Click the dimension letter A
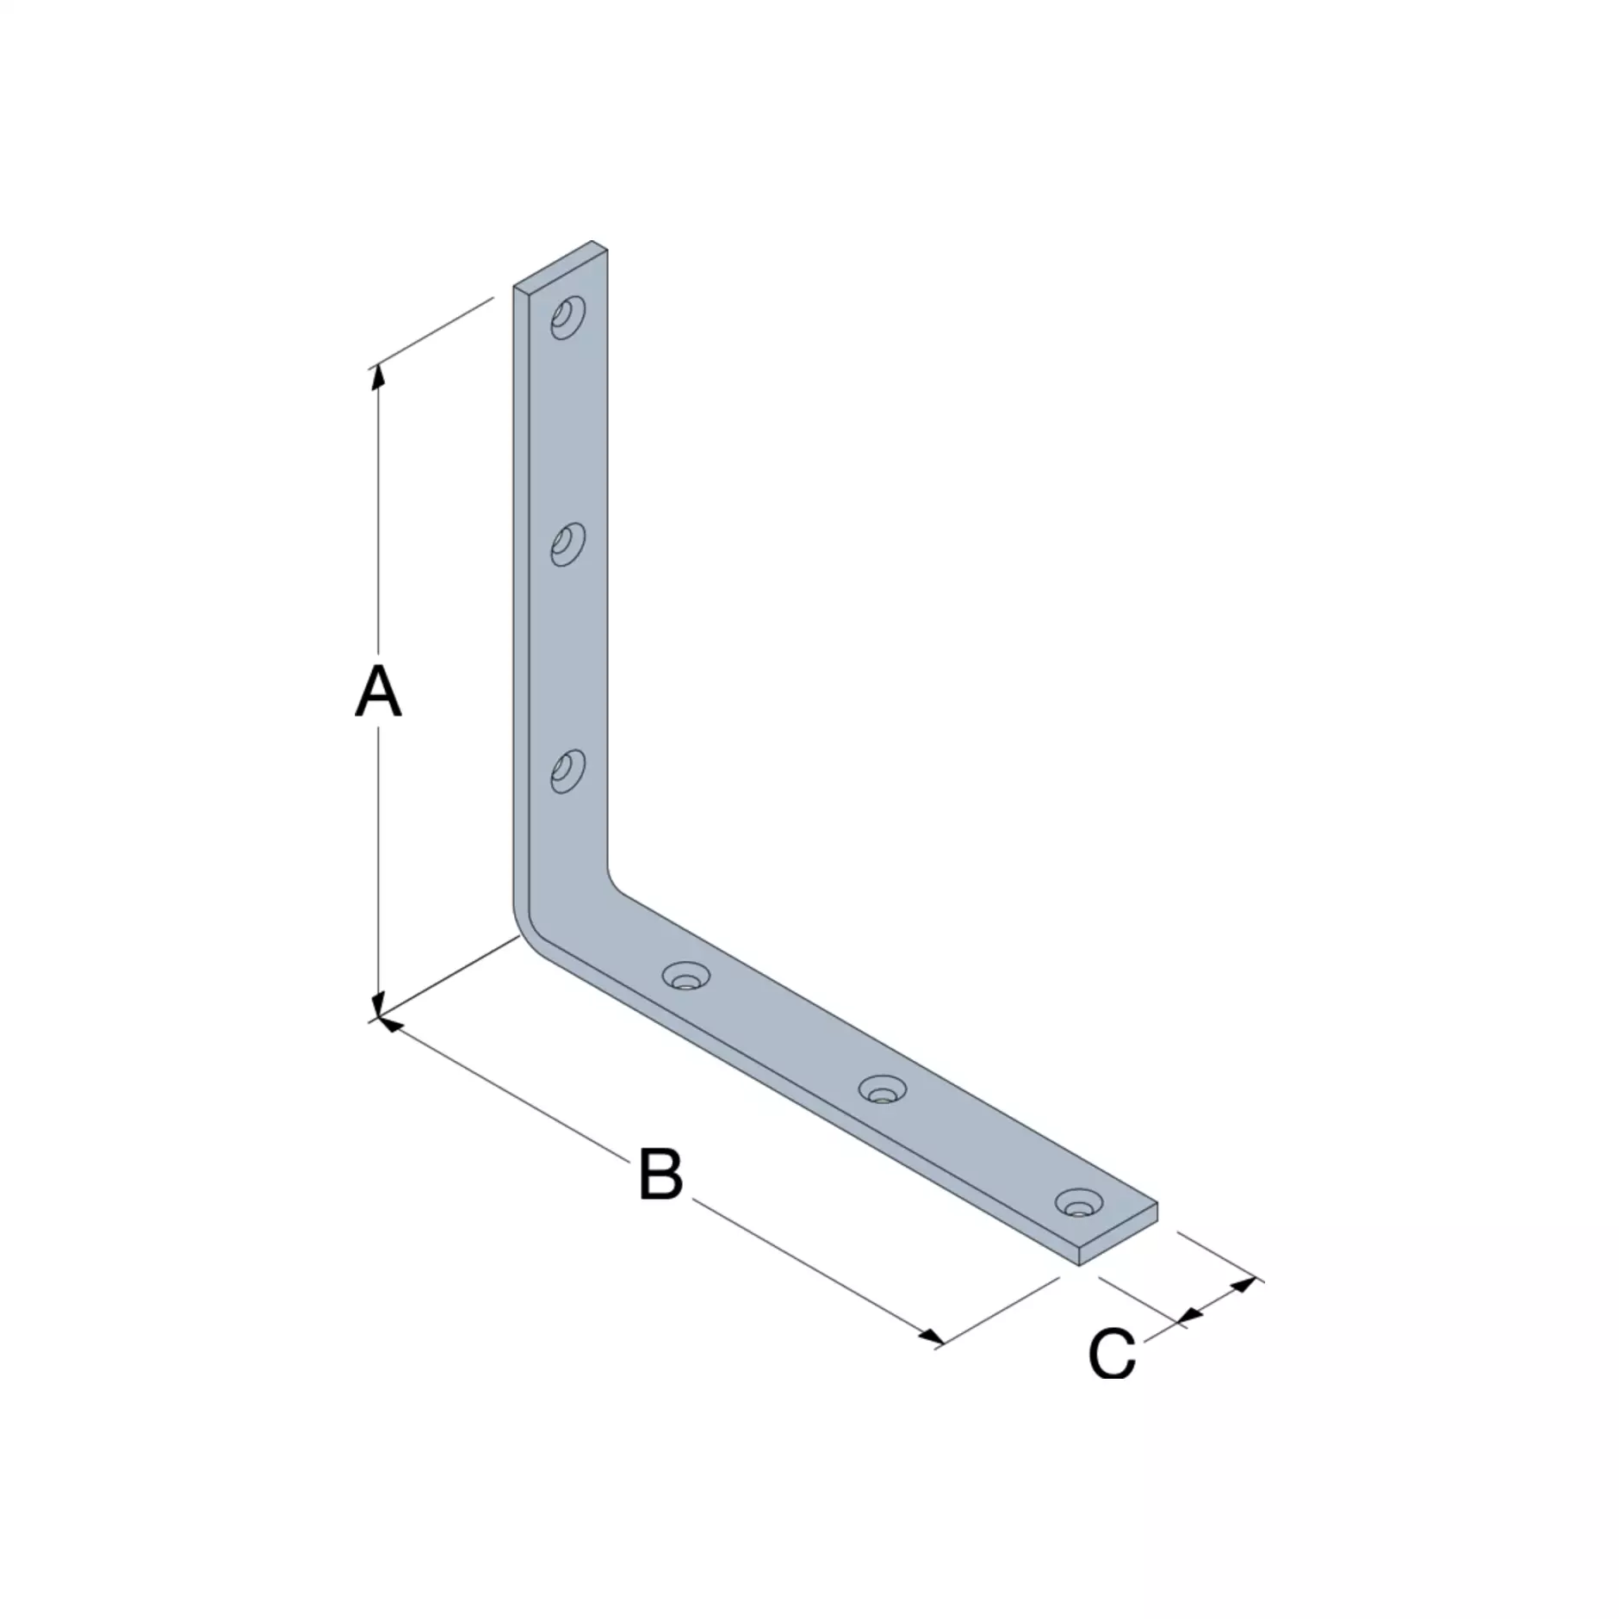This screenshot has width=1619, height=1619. coord(378,692)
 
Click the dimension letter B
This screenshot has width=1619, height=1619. coord(661,1173)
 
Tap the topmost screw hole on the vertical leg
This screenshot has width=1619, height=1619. coord(568,317)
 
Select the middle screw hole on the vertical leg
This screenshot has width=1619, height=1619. coord(568,544)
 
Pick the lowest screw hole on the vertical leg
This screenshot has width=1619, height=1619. coord(568,771)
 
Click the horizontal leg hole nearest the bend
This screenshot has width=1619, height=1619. coord(685,976)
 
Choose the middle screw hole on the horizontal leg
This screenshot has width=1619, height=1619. coord(883,1089)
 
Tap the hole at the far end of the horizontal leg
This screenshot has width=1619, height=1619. coord(1080,1203)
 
